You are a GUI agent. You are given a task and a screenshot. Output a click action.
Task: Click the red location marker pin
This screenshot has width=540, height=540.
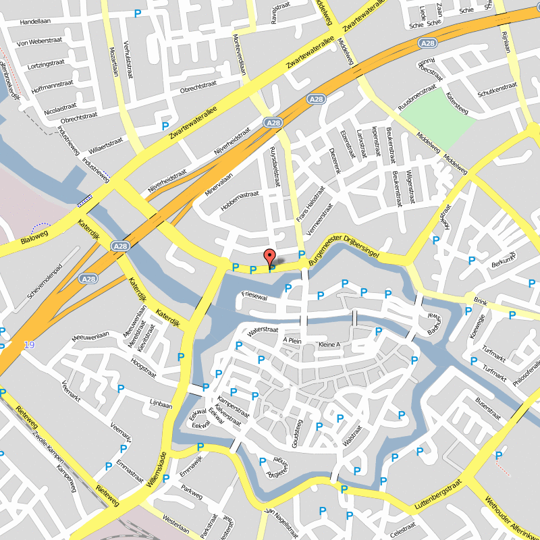269,258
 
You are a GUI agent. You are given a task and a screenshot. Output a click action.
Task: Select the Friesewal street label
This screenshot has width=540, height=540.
254,296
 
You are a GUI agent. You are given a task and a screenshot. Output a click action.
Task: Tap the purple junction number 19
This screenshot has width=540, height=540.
28,345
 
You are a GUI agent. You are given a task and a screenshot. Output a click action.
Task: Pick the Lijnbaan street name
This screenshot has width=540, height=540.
161,405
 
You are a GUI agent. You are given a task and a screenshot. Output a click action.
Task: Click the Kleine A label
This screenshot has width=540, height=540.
329,345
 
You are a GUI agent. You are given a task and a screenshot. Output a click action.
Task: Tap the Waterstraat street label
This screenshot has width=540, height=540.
263,330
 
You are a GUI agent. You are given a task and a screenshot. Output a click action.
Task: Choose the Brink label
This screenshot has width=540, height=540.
480,302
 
